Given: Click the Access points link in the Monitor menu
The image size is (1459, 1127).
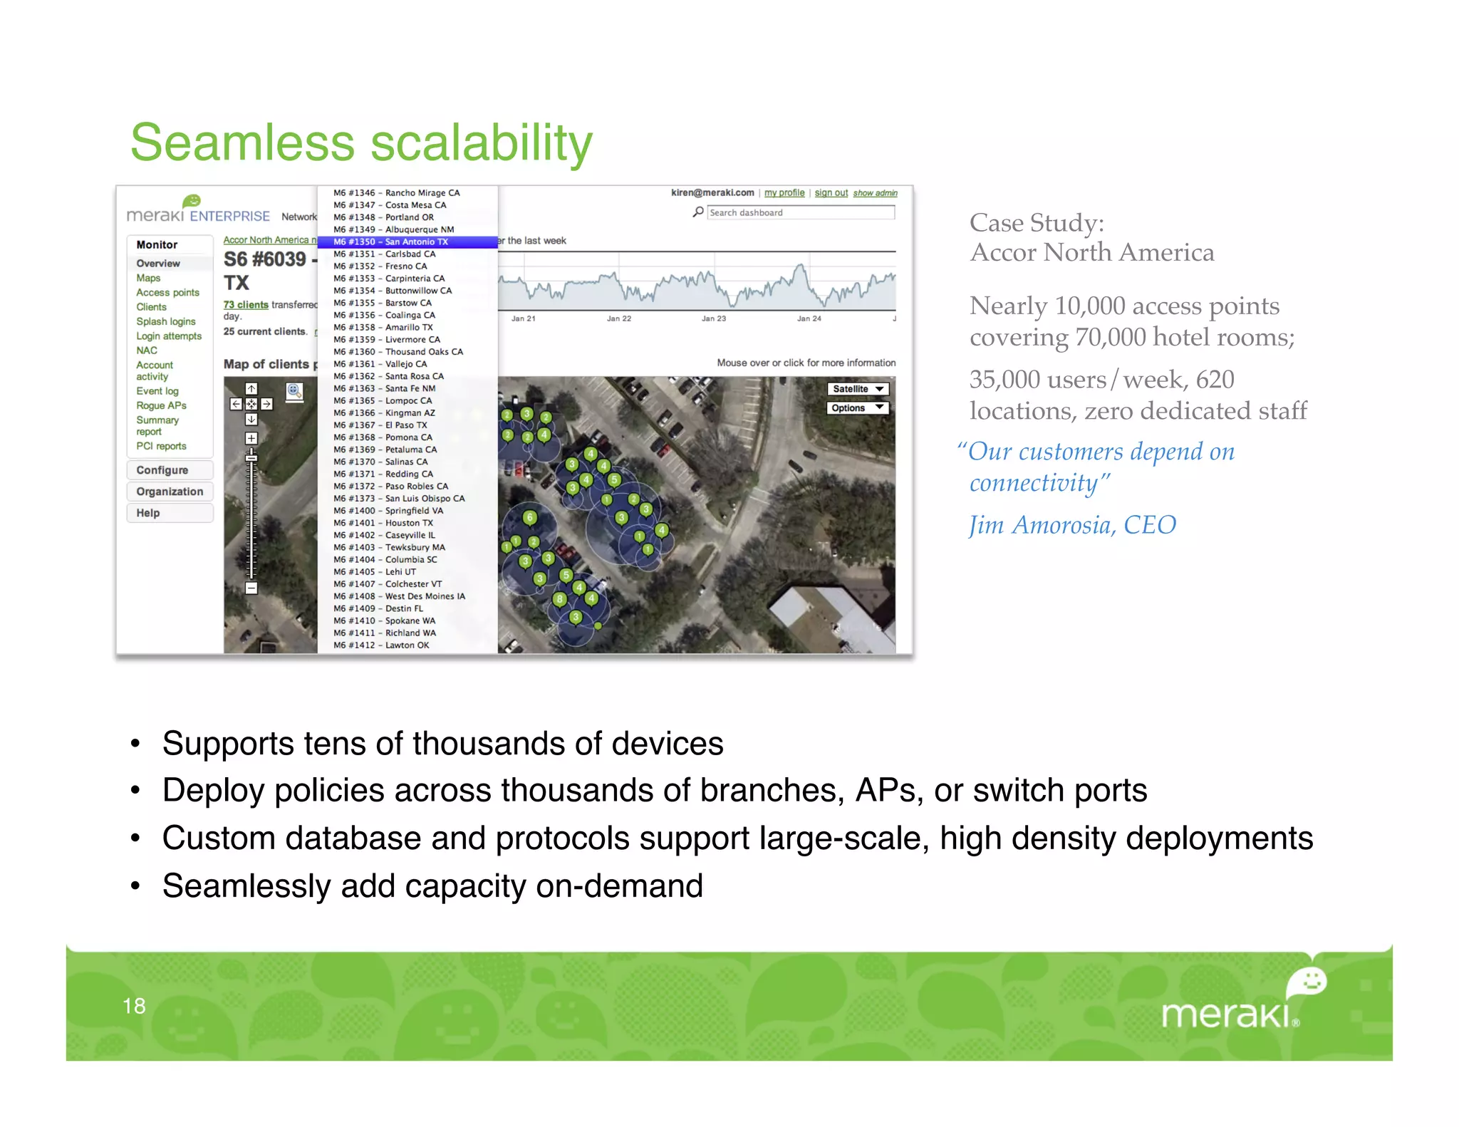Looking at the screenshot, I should [x=167, y=292].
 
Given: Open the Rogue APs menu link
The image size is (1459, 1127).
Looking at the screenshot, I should [x=161, y=405].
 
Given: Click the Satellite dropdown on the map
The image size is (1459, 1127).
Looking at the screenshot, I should [x=858, y=389].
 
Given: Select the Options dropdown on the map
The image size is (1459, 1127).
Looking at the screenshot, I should [x=858, y=407].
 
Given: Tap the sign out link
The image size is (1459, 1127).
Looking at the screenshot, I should [x=831, y=193].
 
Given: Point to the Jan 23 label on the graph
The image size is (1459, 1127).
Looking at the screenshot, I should [x=713, y=318].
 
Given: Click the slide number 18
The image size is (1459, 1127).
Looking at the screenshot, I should [x=134, y=1005].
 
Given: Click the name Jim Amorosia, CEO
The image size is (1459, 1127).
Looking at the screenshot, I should [x=1072, y=525].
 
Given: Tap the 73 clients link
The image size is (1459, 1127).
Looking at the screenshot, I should [x=246, y=305].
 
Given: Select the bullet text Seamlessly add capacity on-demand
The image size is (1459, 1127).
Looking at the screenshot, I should [x=432, y=885].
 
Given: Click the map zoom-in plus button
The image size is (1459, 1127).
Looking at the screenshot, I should [x=251, y=438].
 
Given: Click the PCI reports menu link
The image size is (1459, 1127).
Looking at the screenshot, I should [x=161, y=446].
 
